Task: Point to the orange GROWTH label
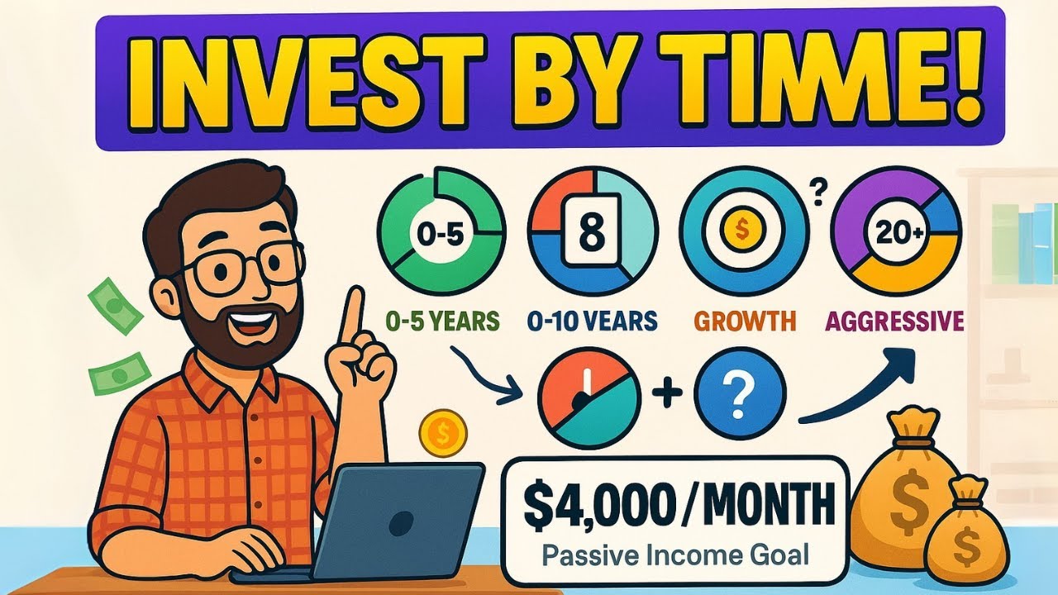point(744,320)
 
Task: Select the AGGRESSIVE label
point(895,320)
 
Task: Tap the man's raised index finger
point(354,318)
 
